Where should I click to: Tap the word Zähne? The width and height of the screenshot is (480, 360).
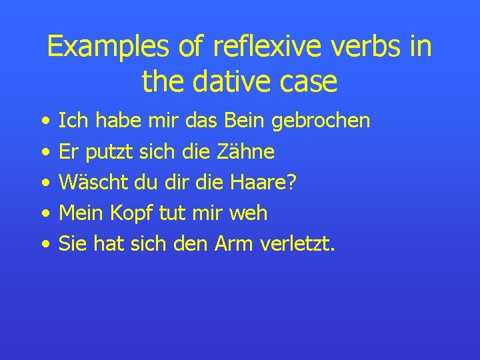pos(246,151)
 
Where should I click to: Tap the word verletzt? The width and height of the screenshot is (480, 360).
pos(297,244)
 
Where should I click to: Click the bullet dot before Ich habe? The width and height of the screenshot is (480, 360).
pos(44,122)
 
